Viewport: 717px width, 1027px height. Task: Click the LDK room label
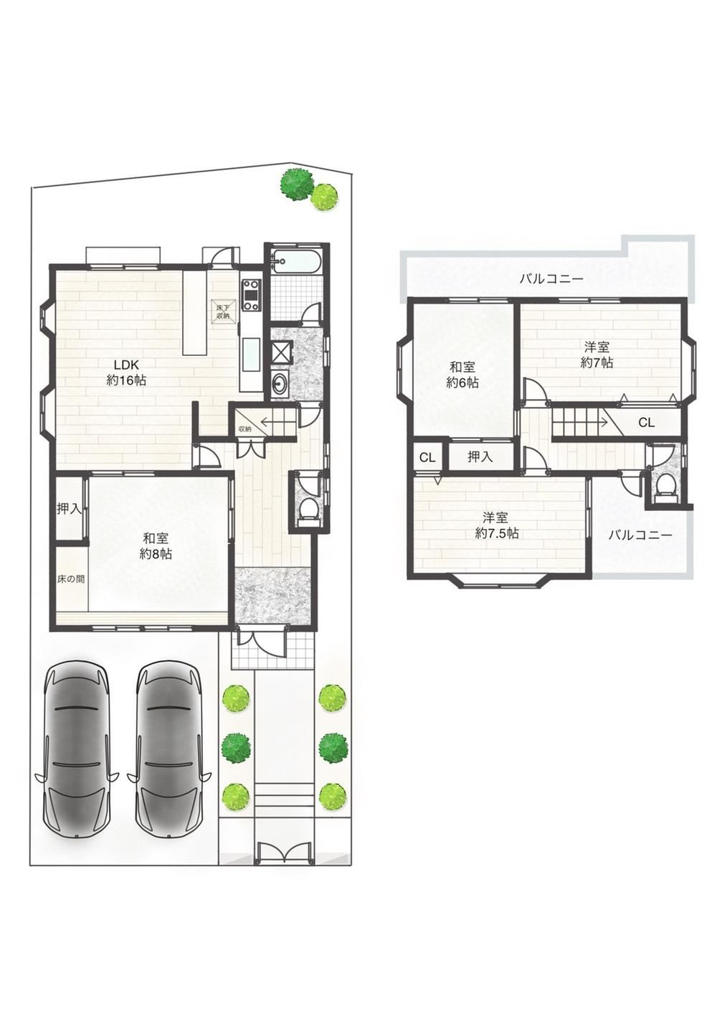coord(126,372)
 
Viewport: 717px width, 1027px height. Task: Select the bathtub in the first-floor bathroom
coord(296,263)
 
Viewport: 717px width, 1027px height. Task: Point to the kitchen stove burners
coord(251,295)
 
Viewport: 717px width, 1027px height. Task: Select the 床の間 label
coord(70,579)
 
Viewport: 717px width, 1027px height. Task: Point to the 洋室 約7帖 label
coord(597,355)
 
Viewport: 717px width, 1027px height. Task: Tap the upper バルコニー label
coord(551,278)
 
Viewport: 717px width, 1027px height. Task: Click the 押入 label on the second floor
coord(480,456)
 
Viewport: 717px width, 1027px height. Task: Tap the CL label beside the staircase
coord(647,422)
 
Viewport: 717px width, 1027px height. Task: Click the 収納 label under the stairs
coord(244,429)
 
